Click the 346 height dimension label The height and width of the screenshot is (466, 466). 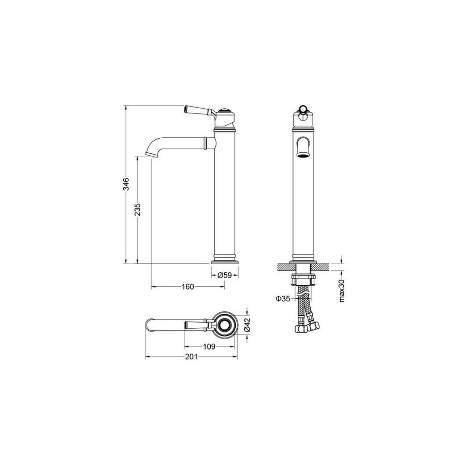[x=127, y=184]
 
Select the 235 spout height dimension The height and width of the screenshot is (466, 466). [x=138, y=210]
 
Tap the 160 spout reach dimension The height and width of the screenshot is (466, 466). [x=188, y=287]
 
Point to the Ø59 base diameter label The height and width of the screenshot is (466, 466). [x=224, y=275]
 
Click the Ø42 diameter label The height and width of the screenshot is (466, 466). [x=247, y=325]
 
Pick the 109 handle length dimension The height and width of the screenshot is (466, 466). [x=209, y=346]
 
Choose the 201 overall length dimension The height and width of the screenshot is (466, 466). [x=191, y=357]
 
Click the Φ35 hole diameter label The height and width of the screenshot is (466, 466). [x=283, y=299]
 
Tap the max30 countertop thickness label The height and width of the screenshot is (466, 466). [x=342, y=290]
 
